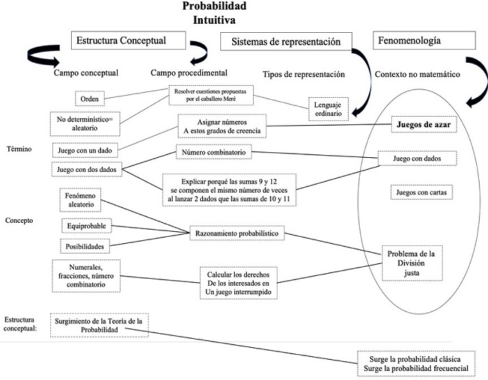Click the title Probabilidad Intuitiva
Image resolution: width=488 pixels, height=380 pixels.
[214, 13]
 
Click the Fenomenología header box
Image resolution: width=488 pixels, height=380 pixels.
[409, 41]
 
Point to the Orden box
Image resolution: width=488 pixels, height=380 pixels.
[91, 98]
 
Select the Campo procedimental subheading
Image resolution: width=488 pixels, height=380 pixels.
[188, 73]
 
